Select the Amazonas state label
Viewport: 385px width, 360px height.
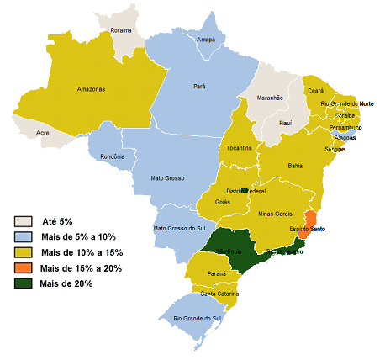pyautogui.click(x=91, y=88)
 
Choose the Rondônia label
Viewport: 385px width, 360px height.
pyautogui.click(x=111, y=156)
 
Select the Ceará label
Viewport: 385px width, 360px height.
pyautogui.click(x=315, y=90)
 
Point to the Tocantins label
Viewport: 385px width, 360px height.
pyautogui.click(x=239, y=148)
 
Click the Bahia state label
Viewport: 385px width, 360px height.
pyautogui.click(x=294, y=166)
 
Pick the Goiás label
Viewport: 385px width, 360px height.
pyautogui.click(x=222, y=202)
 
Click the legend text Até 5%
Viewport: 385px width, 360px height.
pyautogui.click(x=56, y=221)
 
